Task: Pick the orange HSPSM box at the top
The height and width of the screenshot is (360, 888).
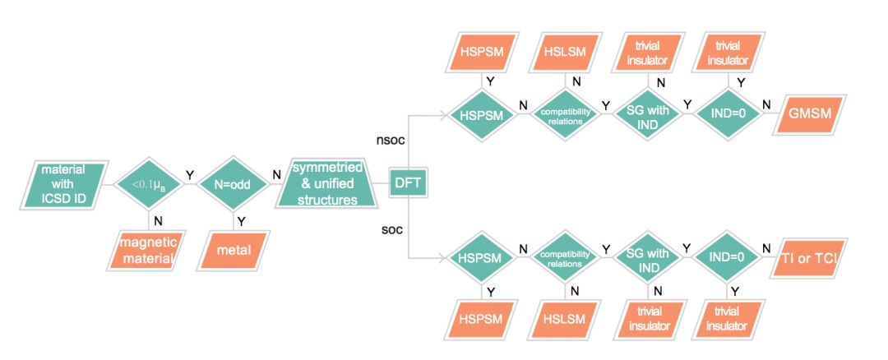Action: tap(482, 51)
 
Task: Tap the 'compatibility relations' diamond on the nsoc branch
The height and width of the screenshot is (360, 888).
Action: tap(564, 116)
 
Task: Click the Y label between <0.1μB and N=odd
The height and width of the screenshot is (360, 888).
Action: tap(190, 174)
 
